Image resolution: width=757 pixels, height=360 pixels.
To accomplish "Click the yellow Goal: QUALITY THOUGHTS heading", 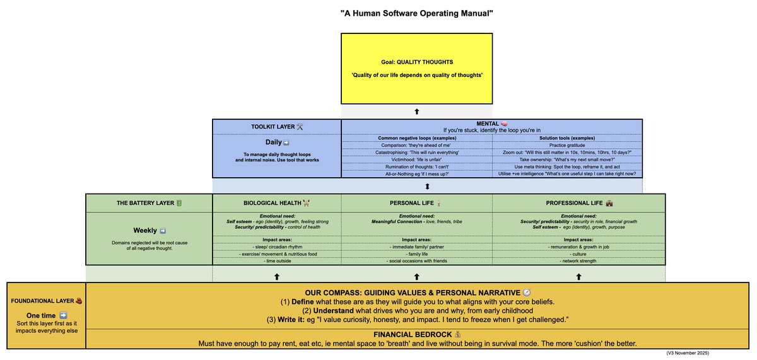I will (429, 62).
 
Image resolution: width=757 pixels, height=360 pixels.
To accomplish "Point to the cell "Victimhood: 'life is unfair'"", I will (416, 160).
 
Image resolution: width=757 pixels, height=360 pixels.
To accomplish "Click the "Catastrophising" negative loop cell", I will (416, 153).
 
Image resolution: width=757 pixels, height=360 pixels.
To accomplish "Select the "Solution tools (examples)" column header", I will (566, 138).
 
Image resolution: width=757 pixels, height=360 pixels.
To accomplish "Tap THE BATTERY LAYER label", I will (149, 203).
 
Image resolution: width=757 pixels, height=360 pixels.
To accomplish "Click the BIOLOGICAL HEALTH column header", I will (277, 203).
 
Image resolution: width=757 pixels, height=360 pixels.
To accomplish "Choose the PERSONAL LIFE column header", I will (416, 203).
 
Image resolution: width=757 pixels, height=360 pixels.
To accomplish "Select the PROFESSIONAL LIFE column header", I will (578, 203).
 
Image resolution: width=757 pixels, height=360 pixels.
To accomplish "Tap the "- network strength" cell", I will (578, 260).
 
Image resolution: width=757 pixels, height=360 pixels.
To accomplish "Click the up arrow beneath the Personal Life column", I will (416, 276).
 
